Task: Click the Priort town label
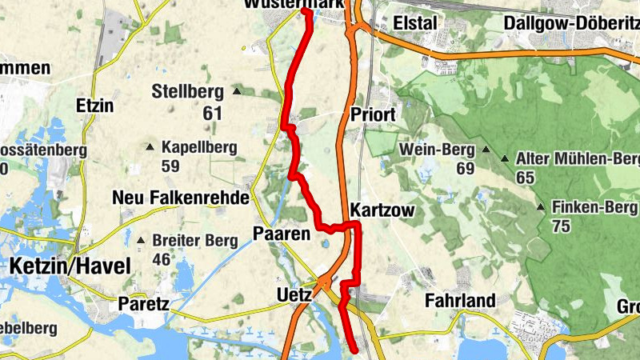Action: tap(373, 115)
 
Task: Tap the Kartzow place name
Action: tap(381, 210)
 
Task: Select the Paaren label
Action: tap(281, 234)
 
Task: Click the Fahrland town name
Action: tap(460, 301)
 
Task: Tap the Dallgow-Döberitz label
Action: tap(570, 23)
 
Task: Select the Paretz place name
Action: tap(143, 304)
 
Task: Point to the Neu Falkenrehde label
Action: tap(181, 198)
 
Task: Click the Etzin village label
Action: tap(94, 106)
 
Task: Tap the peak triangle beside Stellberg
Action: tap(238, 90)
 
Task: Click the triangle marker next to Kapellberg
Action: tap(150, 146)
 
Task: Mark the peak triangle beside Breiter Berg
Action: tap(141, 240)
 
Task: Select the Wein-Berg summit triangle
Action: tap(485, 150)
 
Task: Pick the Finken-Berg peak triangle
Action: tap(542, 208)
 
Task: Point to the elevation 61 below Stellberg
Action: tap(212, 114)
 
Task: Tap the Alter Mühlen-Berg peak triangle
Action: tap(505, 158)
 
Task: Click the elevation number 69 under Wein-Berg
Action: tap(466, 168)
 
